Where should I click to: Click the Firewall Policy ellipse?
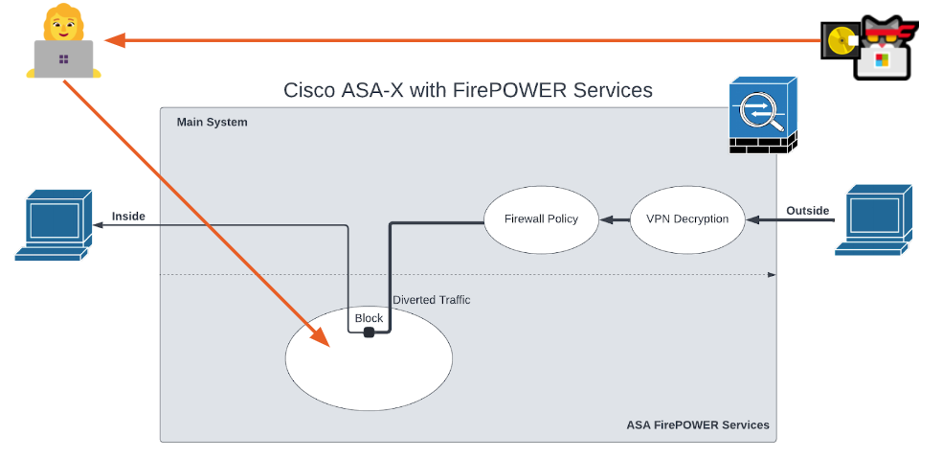pyautogui.click(x=541, y=219)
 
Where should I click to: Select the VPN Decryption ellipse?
pyautogui.click(x=687, y=219)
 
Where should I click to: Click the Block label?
pyautogui.click(x=369, y=318)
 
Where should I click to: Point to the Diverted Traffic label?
pyautogui.click(x=432, y=300)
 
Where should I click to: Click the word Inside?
pyautogui.click(x=128, y=217)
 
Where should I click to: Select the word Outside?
pyautogui.click(x=808, y=211)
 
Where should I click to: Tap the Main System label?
pyautogui.click(x=212, y=123)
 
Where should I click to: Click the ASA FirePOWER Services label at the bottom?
pyautogui.click(x=698, y=425)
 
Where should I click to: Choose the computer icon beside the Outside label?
pyautogui.click(x=873, y=220)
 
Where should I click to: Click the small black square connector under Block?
pyautogui.click(x=369, y=333)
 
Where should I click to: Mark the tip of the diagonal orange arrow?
pyautogui.click(x=325, y=342)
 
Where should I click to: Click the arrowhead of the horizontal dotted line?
pyautogui.click(x=772, y=275)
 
